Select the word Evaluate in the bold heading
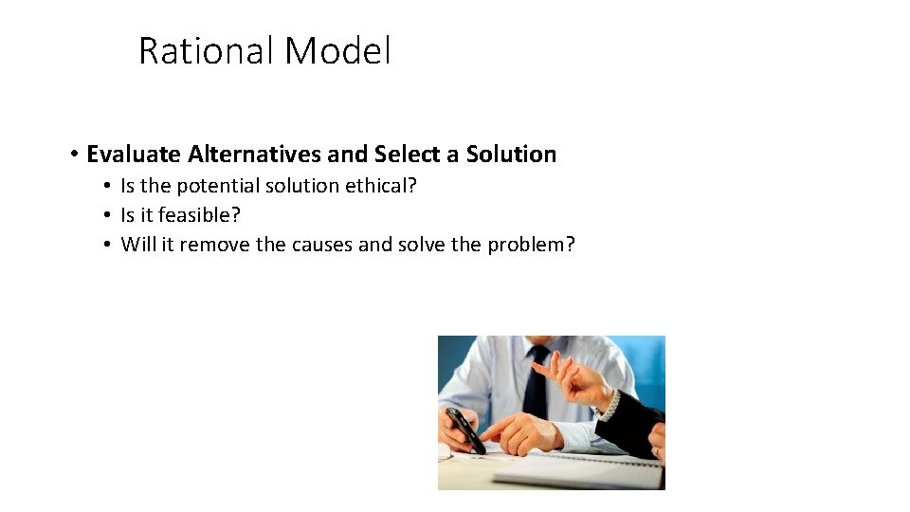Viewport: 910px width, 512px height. point(134,154)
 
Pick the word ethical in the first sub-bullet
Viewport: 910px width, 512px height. point(379,186)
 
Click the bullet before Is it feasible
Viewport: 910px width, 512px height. point(110,215)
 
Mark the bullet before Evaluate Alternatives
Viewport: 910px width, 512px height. point(73,154)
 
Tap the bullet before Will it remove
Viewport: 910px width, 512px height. point(110,245)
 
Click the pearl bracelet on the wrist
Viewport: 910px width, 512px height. point(610,405)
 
